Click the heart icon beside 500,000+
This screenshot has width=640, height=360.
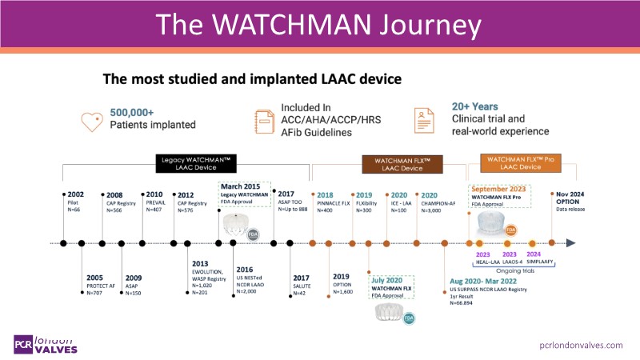(93, 121)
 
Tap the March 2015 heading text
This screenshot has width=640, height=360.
(239, 187)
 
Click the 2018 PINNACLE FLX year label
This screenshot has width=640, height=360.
(325, 194)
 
